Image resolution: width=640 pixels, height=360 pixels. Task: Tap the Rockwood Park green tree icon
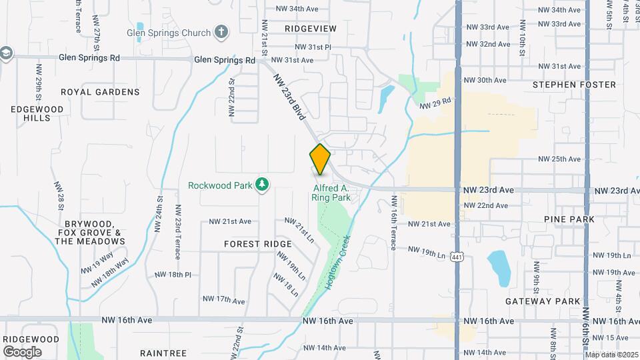pyautogui.click(x=263, y=184)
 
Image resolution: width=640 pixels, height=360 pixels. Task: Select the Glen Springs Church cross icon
pyautogui.click(x=221, y=32)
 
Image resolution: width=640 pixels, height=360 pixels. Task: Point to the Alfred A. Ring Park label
pyautogui.click(x=332, y=193)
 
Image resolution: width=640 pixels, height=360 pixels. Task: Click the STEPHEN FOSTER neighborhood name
pyautogui.click(x=575, y=85)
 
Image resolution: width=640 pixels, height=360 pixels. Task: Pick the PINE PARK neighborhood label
pyautogui.click(x=569, y=219)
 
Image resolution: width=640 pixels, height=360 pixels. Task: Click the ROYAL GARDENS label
pyautogui.click(x=109, y=92)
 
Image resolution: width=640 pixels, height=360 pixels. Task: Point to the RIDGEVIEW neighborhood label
pyautogui.click(x=311, y=29)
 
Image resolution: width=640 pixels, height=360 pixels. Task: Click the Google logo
pyautogui.click(x=22, y=351)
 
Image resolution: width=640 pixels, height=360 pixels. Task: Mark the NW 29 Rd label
pyautogui.click(x=435, y=103)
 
